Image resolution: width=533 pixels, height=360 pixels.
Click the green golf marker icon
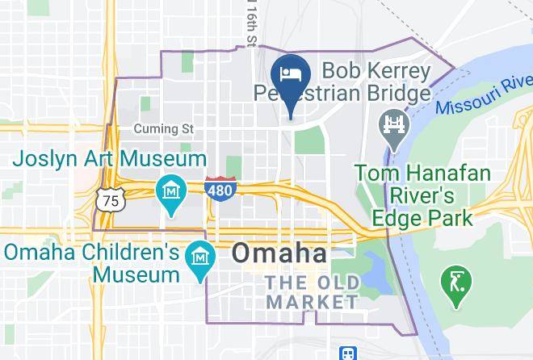[455, 283]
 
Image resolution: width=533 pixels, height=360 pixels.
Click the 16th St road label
[250, 24]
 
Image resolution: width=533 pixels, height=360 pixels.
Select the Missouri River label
[482, 94]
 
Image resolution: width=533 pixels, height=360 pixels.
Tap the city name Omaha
[279, 253]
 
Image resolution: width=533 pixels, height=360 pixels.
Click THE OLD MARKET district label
[312, 292]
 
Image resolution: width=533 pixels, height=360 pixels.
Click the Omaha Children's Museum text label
[90, 263]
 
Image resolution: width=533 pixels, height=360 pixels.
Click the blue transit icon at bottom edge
[348, 354]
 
